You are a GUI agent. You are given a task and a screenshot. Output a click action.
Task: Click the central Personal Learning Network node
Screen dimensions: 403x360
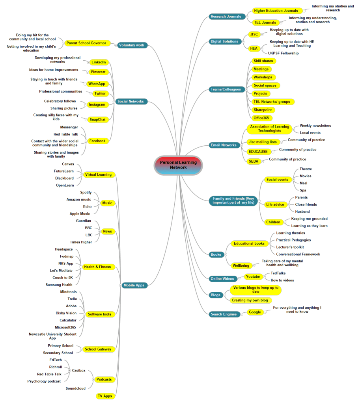[x=178, y=165]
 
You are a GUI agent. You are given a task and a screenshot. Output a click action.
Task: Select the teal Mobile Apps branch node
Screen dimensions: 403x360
[x=134, y=285]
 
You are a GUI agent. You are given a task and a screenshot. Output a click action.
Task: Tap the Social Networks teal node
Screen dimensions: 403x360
[x=131, y=101]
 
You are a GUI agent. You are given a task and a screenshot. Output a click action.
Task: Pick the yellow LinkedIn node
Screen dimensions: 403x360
[x=98, y=62]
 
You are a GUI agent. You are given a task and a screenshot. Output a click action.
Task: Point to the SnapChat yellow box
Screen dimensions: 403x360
[x=97, y=119]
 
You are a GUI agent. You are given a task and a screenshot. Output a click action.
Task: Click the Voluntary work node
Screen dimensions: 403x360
[x=131, y=45]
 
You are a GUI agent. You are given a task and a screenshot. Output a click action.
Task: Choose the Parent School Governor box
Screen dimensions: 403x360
[x=86, y=43]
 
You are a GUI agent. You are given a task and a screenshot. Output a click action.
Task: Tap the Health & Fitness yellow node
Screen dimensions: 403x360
[x=97, y=267]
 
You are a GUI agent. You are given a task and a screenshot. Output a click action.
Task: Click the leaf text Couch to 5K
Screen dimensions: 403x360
[x=62, y=278]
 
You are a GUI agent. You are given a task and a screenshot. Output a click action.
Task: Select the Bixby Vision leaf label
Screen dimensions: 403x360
[x=66, y=313]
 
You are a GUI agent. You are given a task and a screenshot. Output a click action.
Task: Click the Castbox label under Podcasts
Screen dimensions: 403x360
[x=78, y=370]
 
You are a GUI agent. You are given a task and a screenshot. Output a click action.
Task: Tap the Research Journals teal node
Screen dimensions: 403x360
[x=226, y=17]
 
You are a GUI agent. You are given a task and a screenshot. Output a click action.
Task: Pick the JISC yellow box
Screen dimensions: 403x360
[x=254, y=34]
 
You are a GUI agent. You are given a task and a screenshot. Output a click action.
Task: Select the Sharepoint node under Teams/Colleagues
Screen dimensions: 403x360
[x=263, y=110]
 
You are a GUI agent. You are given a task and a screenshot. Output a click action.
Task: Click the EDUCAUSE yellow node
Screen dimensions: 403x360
[x=258, y=151]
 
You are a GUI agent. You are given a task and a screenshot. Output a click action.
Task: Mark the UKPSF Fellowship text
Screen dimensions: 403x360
[x=283, y=53]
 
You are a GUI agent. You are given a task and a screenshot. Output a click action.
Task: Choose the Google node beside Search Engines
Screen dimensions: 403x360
[x=255, y=312]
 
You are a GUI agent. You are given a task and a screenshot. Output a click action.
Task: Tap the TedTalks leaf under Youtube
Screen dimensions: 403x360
[x=278, y=273]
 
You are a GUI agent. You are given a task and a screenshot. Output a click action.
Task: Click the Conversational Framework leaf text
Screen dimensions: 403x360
[x=298, y=254]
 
